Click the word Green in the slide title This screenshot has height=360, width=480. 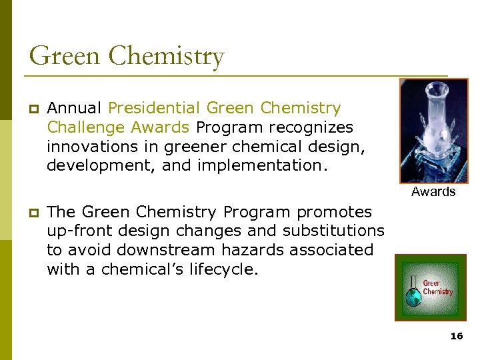point(65,56)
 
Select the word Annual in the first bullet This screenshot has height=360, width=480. point(74,108)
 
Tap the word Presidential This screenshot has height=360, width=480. point(154,108)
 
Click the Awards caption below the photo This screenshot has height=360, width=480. point(433,192)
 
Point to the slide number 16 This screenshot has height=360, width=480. point(456,337)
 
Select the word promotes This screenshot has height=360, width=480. point(334,212)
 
